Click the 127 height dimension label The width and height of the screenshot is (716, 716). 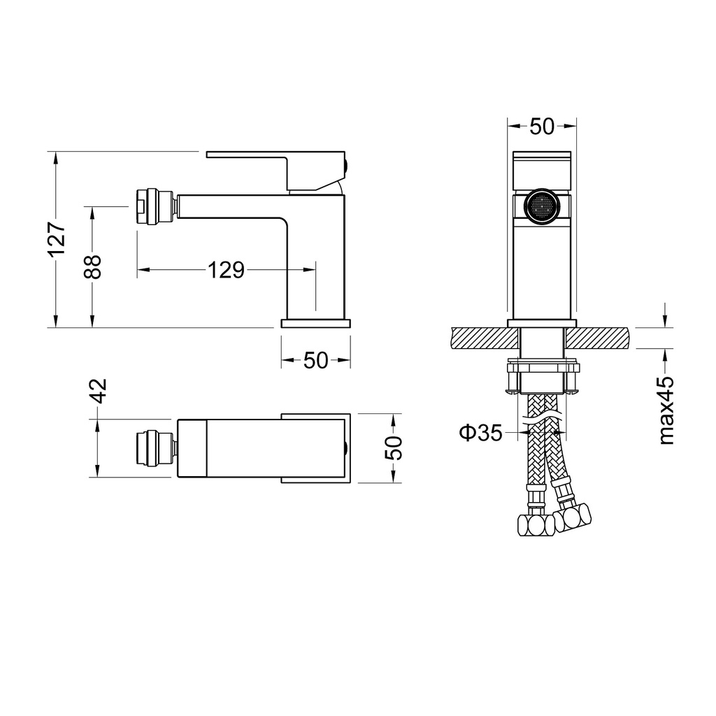58,241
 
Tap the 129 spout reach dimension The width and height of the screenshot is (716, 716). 226,271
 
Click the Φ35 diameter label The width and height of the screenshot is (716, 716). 480,432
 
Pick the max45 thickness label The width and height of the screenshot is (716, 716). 666,410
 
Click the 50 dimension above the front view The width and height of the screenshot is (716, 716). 542,127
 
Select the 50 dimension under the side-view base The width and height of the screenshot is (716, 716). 315,361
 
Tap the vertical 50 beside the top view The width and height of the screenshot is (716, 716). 393,448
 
